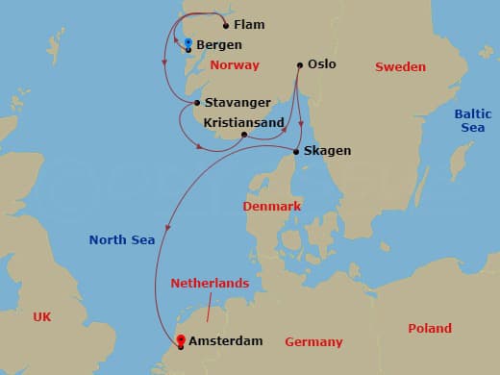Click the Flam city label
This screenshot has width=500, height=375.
[x=249, y=24]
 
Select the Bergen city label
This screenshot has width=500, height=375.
[x=218, y=45]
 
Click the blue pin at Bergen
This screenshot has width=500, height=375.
[x=187, y=43]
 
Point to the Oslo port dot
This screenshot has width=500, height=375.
[x=299, y=65]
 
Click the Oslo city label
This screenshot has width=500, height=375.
[x=322, y=65]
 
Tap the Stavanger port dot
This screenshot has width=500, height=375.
[x=196, y=103]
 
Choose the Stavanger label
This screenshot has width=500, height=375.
[x=236, y=103]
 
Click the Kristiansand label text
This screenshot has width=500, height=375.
[x=243, y=123]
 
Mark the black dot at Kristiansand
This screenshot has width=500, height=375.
[x=244, y=135]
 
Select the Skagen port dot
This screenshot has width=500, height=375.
[x=294, y=151]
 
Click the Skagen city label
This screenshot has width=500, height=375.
[x=327, y=151]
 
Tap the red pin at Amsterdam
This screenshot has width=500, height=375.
[x=180, y=339]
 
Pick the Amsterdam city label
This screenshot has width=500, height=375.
[x=227, y=341]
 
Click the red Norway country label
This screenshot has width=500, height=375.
[x=235, y=65]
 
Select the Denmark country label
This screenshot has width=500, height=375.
[x=272, y=207]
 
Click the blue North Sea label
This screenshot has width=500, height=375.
[x=122, y=239]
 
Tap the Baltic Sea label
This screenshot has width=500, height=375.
[x=471, y=120]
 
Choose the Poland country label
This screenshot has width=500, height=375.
[x=429, y=328]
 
